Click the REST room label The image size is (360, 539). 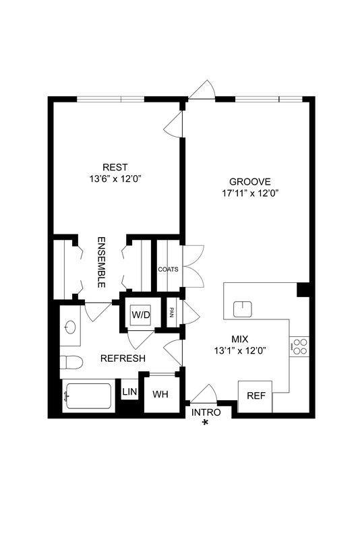pos(115,167)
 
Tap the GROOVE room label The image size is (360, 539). pos(249,181)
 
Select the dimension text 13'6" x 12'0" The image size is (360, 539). pos(115,179)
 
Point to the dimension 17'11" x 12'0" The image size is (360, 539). pos(250,193)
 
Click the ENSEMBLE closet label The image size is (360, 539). pos(102,262)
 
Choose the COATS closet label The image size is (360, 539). pos(168,269)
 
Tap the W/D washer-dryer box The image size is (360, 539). pos(141,315)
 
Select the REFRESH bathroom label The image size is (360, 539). pos(123,358)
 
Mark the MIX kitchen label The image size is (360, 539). pos(241,339)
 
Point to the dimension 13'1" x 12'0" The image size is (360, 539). pos(241,350)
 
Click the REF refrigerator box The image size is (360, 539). pos(256,396)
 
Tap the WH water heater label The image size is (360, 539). pos(160,394)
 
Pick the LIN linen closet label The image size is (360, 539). pos(129,390)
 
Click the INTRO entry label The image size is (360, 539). pos(206,412)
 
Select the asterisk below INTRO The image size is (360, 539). pos(206,423)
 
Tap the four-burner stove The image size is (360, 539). pos(299,346)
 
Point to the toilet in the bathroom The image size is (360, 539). pos(72,362)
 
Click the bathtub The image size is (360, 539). pos(87,397)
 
